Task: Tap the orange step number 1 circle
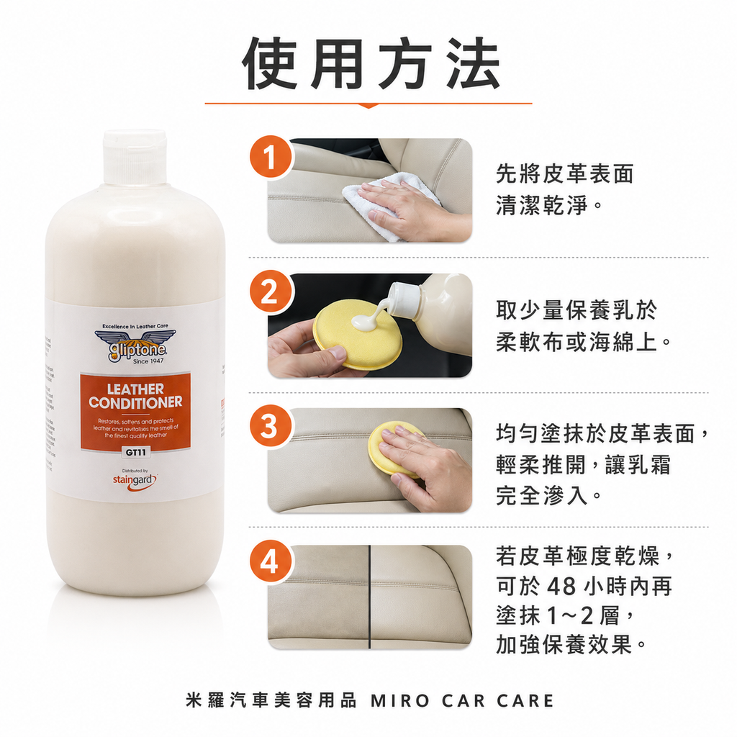coord(269,158)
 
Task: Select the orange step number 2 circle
coord(269,293)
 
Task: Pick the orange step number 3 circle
coord(269,427)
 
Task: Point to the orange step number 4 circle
coord(269,561)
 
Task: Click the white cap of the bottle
coord(135,157)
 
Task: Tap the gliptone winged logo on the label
coord(135,345)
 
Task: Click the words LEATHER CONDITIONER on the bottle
coord(135,395)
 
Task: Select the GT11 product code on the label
coord(135,453)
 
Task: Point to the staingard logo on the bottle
coord(135,479)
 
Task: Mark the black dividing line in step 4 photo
coord(369,597)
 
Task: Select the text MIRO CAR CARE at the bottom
coord(462,700)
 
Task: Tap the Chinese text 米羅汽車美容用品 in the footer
coord(271,700)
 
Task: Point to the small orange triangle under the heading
coord(368,106)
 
